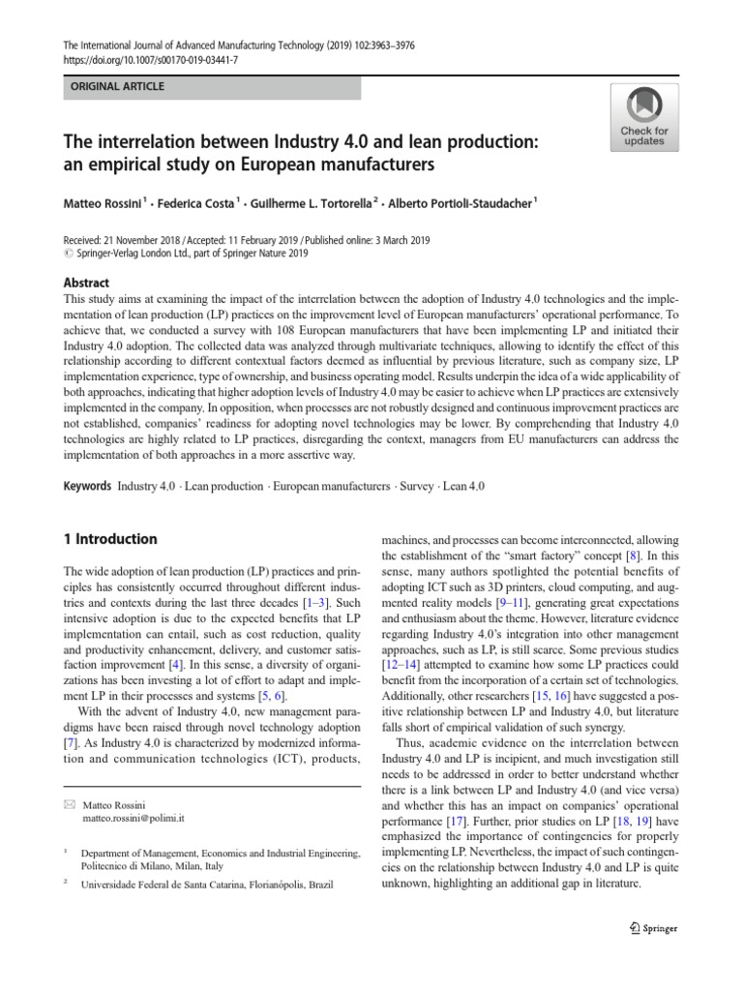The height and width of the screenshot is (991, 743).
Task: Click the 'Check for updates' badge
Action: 643,116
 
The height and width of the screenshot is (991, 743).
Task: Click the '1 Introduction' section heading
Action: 109,539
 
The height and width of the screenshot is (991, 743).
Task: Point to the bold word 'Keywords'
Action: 87,486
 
